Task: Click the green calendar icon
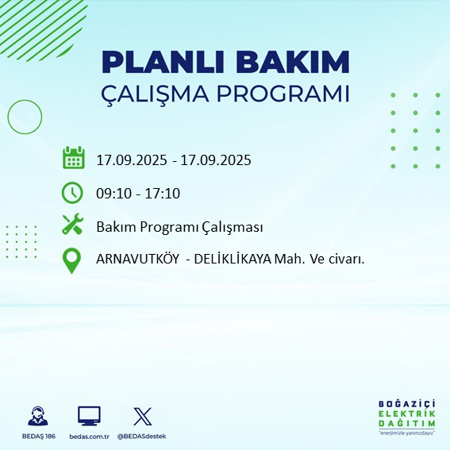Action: click(x=73, y=158)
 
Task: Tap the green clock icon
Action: click(x=73, y=192)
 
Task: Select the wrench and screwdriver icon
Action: click(x=73, y=226)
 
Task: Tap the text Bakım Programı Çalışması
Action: click(x=179, y=227)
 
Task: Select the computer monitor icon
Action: click(x=89, y=416)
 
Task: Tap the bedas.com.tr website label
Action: click(x=89, y=437)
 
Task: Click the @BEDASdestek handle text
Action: click(x=142, y=437)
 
